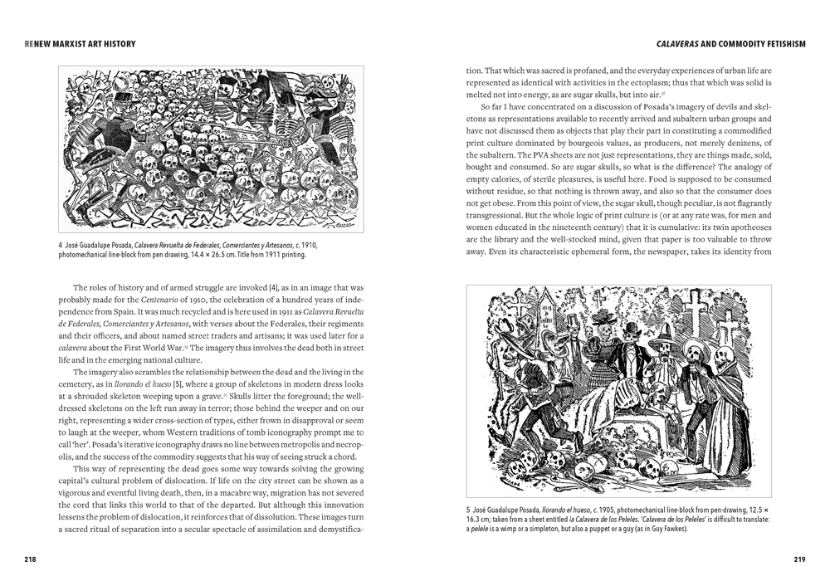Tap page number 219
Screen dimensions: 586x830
pos(799,559)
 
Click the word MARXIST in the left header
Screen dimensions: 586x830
pos(66,43)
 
